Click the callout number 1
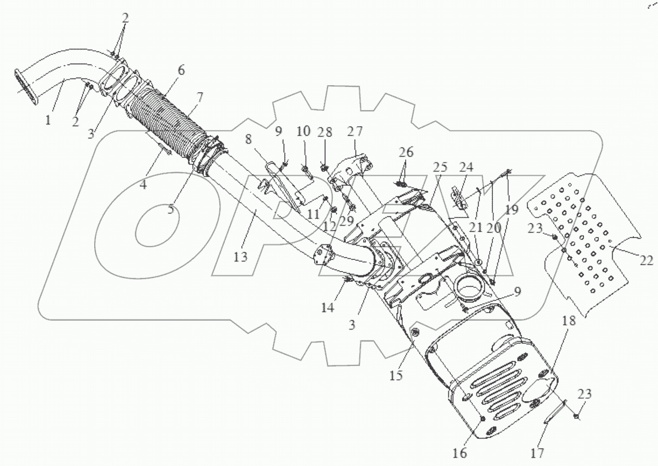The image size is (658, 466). [48, 120]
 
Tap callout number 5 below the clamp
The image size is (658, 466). [170, 209]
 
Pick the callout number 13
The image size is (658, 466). [241, 257]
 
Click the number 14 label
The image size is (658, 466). [327, 307]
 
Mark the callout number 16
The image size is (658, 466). [459, 453]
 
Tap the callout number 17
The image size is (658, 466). [537, 453]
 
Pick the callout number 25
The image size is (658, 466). [439, 167]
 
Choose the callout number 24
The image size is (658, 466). [466, 167]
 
